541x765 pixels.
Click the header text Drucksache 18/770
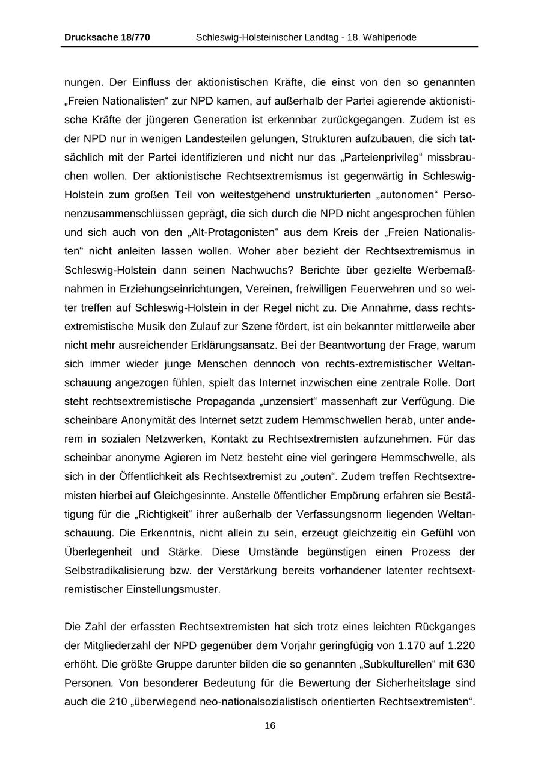[107, 38]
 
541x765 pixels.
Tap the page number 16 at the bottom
[270, 726]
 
